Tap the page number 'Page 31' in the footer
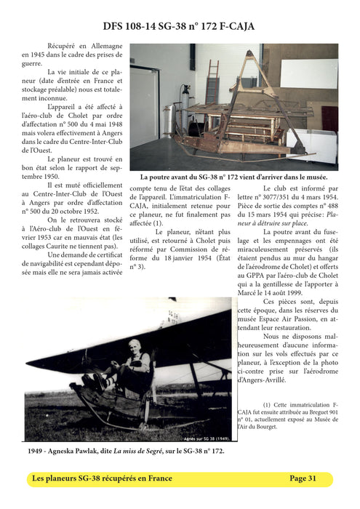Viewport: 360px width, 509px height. [303, 478]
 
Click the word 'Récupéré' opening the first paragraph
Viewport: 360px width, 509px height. [63, 45]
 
